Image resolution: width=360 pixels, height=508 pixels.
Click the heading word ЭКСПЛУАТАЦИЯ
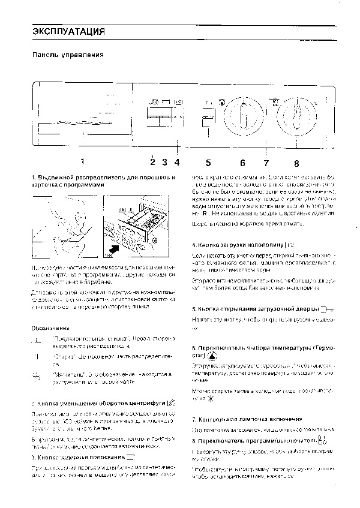(x=68, y=32)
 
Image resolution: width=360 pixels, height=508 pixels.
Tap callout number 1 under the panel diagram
(x=82, y=161)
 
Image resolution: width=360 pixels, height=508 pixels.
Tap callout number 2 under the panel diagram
(x=153, y=161)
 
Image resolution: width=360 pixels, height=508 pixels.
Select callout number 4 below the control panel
(x=176, y=161)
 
